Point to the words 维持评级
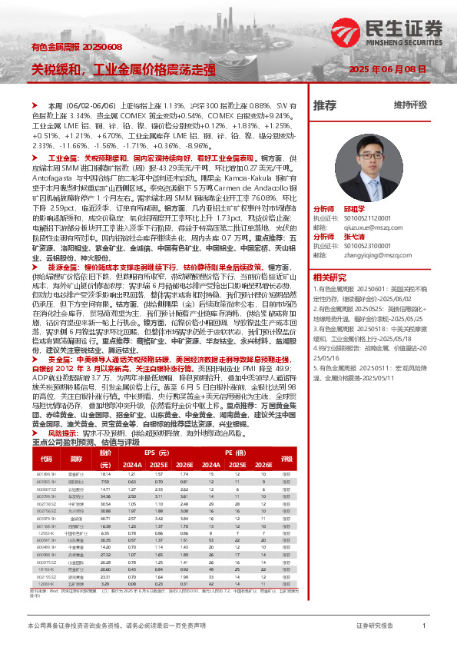[x=410, y=105]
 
